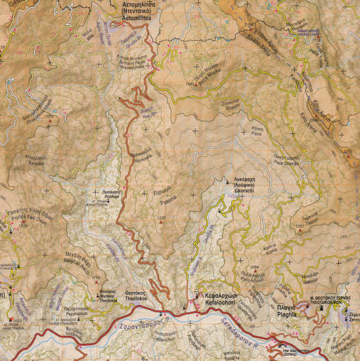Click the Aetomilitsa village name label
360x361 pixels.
[144, 12]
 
